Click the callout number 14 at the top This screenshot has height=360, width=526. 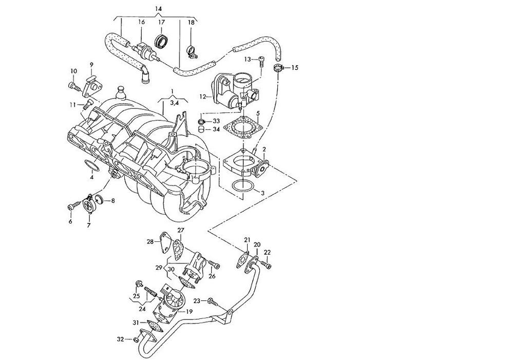(x=158, y=9)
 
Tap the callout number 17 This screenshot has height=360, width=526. (x=162, y=23)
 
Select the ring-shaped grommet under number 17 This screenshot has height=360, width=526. (x=161, y=40)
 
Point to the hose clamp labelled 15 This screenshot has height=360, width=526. (x=278, y=68)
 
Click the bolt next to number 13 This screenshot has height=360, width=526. (x=261, y=62)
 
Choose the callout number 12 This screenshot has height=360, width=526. (x=202, y=97)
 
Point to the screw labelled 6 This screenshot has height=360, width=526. (x=74, y=205)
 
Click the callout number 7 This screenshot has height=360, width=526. (x=89, y=225)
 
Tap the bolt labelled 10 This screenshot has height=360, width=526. (x=74, y=87)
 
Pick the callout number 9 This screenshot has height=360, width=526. (x=91, y=65)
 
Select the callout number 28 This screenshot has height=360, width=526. (x=150, y=241)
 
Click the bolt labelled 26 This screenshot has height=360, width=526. (x=213, y=264)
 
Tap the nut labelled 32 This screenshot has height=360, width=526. (x=136, y=340)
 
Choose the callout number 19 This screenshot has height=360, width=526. (x=190, y=312)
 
